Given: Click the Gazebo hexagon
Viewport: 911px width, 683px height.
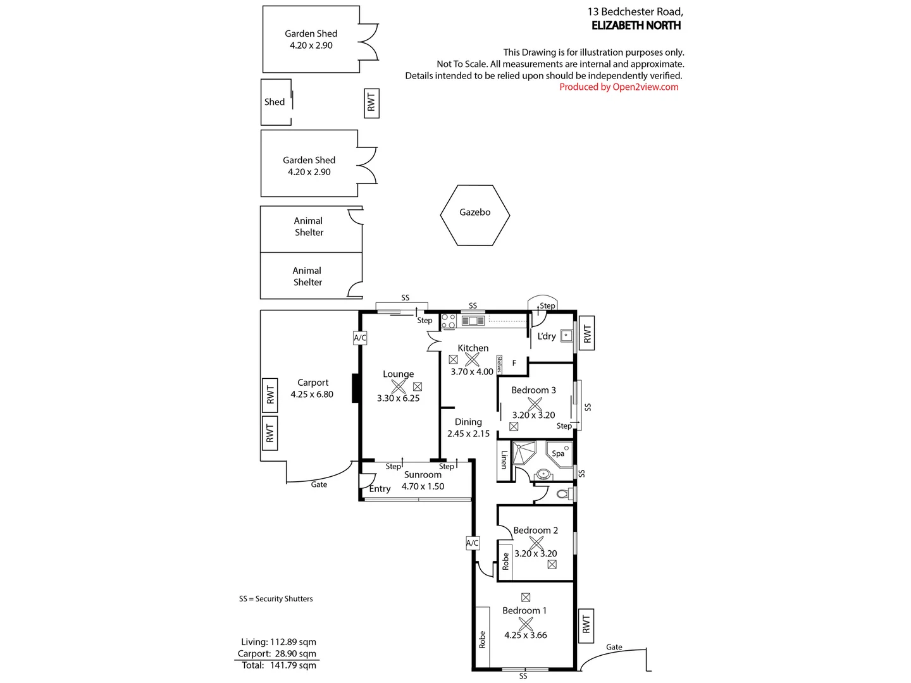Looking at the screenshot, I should pyautogui.click(x=474, y=215).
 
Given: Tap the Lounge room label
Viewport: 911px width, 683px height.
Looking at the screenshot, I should pyautogui.click(x=398, y=374).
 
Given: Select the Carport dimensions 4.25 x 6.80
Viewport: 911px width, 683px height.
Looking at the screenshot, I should pyautogui.click(x=312, y=394).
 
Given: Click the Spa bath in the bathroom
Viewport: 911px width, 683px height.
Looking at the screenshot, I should pyautogui.click(x=559, y=453).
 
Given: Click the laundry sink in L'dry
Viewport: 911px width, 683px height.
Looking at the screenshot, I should pyautogui.click(x=566, y=336).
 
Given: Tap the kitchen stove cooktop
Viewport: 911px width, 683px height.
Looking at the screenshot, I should pyautogui.click(x=449, y=321).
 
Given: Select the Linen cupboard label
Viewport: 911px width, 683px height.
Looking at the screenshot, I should pyautogui.click(x=504, y=459).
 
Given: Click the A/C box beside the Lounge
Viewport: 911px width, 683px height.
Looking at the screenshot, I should pyautogui.click(x=360, y=338).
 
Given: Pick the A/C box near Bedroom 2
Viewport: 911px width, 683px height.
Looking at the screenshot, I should pyautogui.click(x=473, y=543).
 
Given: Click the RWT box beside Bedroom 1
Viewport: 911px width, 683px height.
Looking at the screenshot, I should pyautogui.click(x=586, y=625).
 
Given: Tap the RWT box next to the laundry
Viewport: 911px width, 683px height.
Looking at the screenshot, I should pyautogui.click(x=586, y=333).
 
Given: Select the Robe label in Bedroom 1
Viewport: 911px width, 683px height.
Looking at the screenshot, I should pyautogui.click(x=482, y=639).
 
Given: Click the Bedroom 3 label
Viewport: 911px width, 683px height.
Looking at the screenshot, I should pyautogui.click(x=533, y=390).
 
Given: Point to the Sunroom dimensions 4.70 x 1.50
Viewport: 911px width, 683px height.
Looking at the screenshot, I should pyautogui.click(x=423, y=486).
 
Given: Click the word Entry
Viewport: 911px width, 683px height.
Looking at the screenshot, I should pyautogui.click(x=380, y=489).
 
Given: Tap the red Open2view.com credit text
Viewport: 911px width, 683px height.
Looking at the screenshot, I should pyautogui.click(x=619, y=87).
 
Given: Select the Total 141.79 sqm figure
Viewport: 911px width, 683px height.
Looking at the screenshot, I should pyautogui.click(x=279, y=665).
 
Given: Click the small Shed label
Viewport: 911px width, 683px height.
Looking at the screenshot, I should pyautogui.click(x=275, y=102).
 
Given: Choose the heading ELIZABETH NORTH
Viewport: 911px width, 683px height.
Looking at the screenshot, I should pyautogui.click(x=636, y=25).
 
